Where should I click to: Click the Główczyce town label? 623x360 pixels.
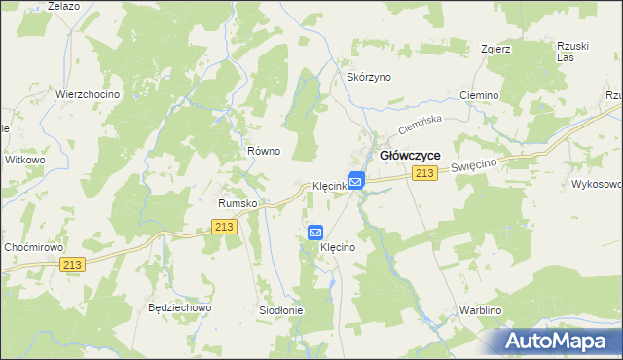click(410, 155)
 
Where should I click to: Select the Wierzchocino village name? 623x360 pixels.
click(87, 94)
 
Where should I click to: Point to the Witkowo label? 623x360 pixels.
click(25, 159)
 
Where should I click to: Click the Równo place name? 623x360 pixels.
click(263, 151)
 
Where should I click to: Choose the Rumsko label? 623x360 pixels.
click(237, 203)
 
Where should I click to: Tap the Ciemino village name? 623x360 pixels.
click(479, 96)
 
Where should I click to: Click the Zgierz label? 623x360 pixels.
click(496, 49)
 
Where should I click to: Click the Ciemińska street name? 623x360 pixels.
click(420, 125)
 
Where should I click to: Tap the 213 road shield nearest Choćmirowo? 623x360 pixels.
click(72, 264)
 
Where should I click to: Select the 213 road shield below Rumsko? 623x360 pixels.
click(224, 226)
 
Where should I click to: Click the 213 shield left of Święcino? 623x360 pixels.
click(422, 173)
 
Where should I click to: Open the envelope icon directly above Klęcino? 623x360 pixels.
click(315, 233)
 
